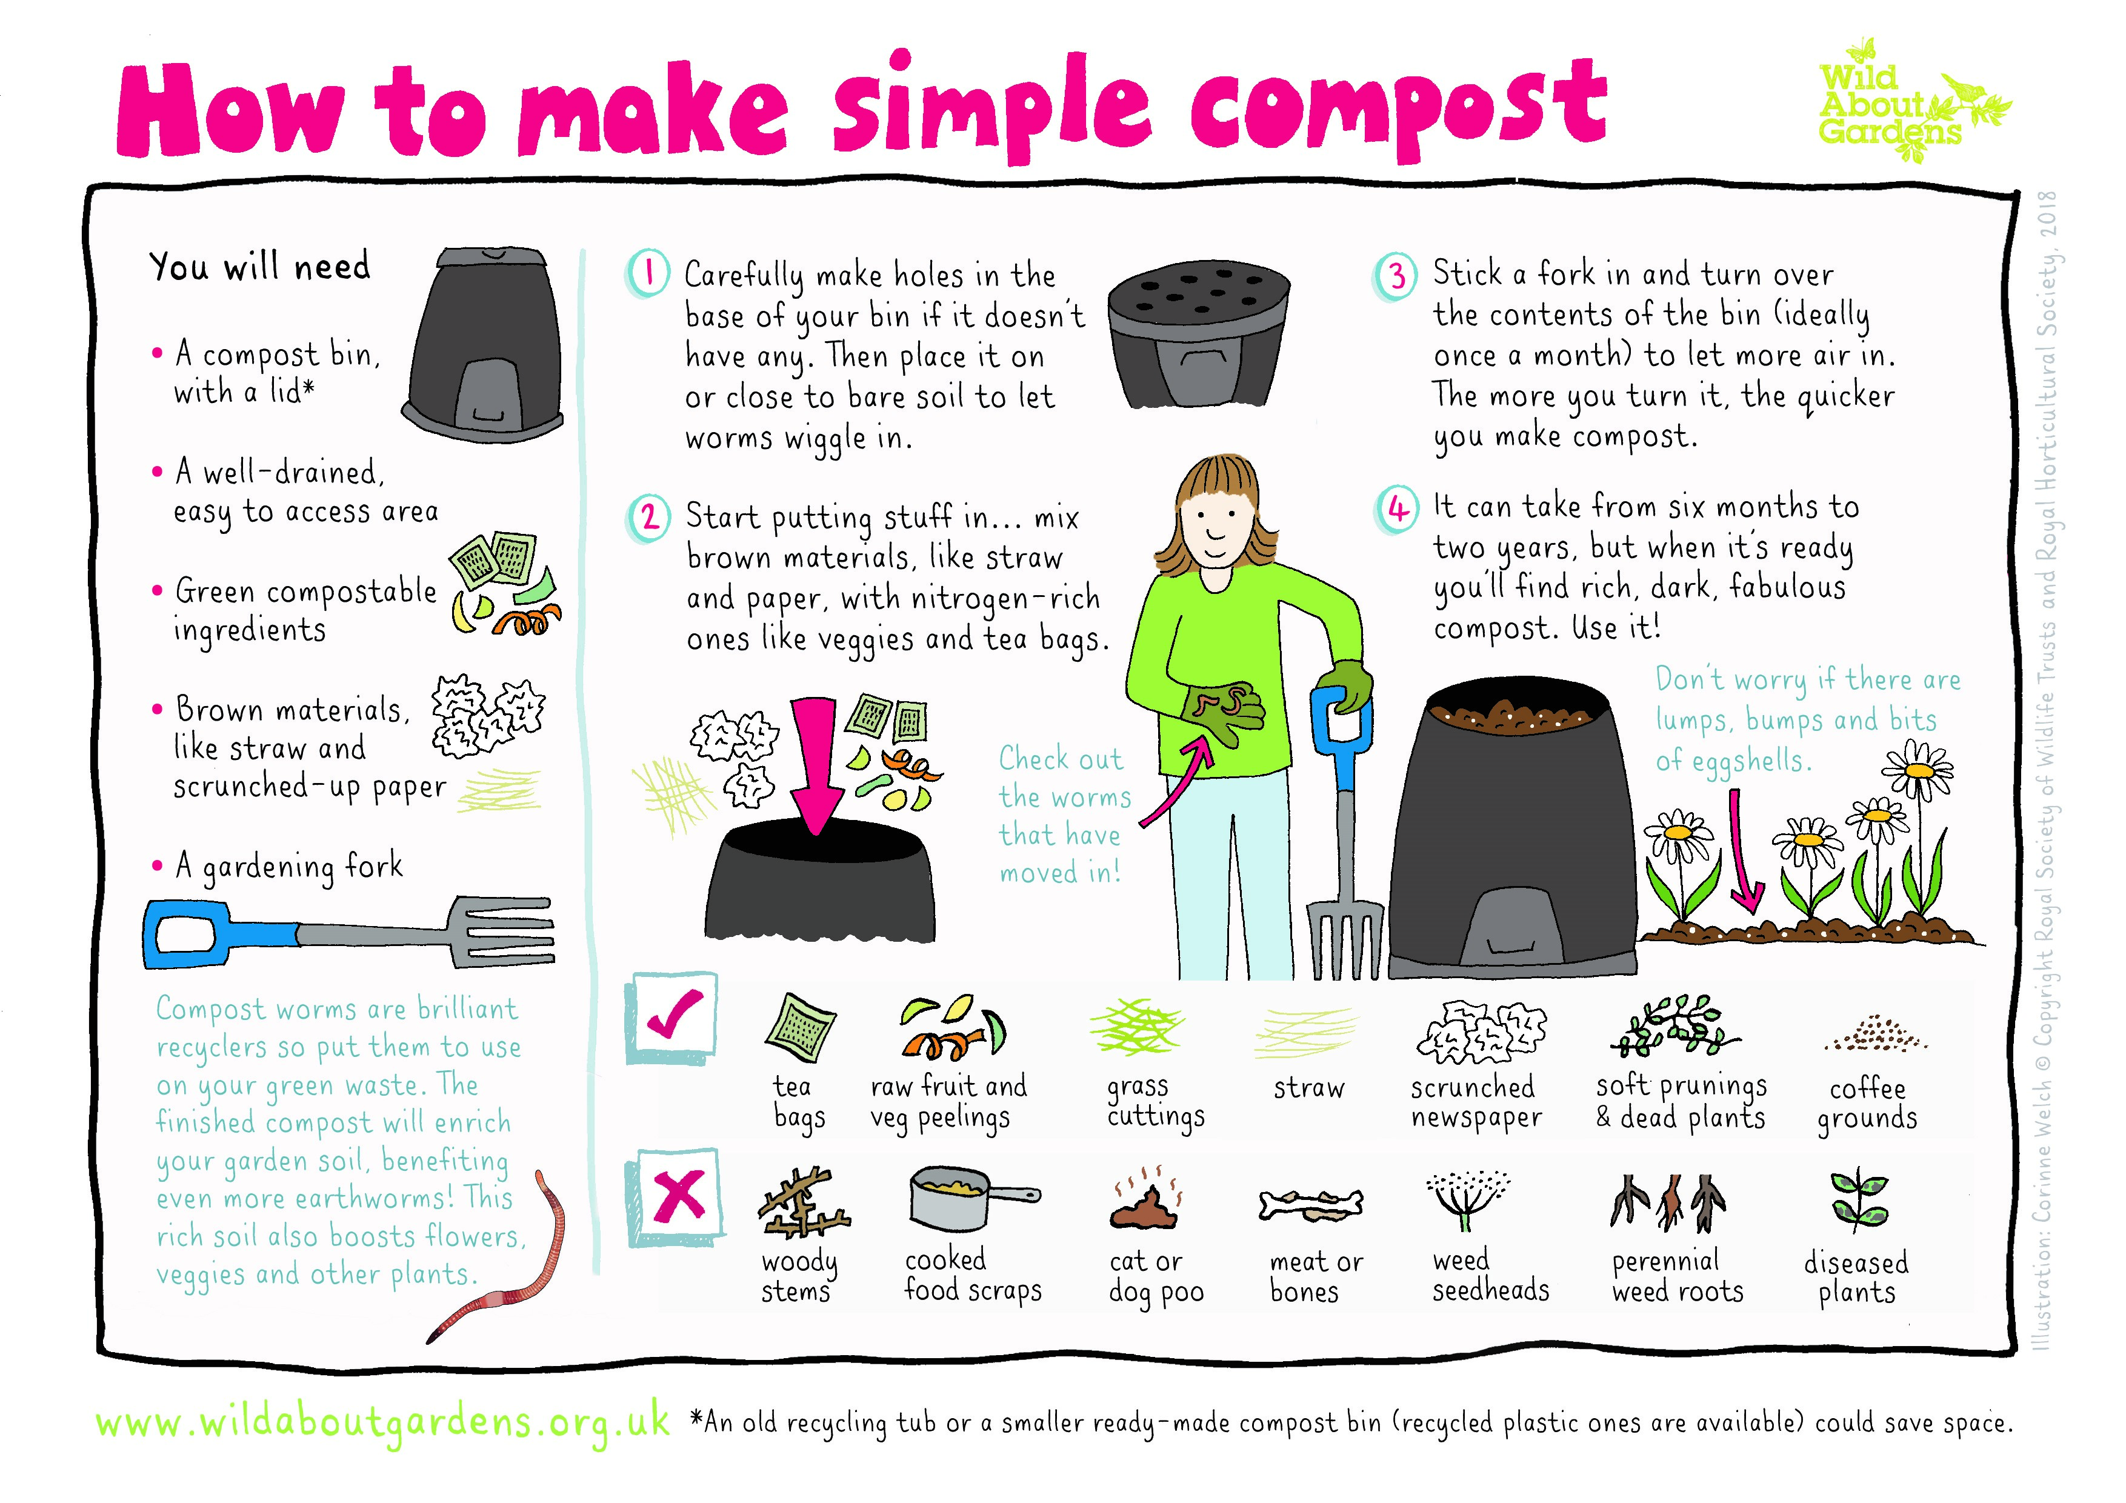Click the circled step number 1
pyautogui.click(x=648, y=273)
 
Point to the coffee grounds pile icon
pyautogui.click(x=1876, y=1035)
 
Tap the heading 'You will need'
pyautogui.click(x=260, y=267)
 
